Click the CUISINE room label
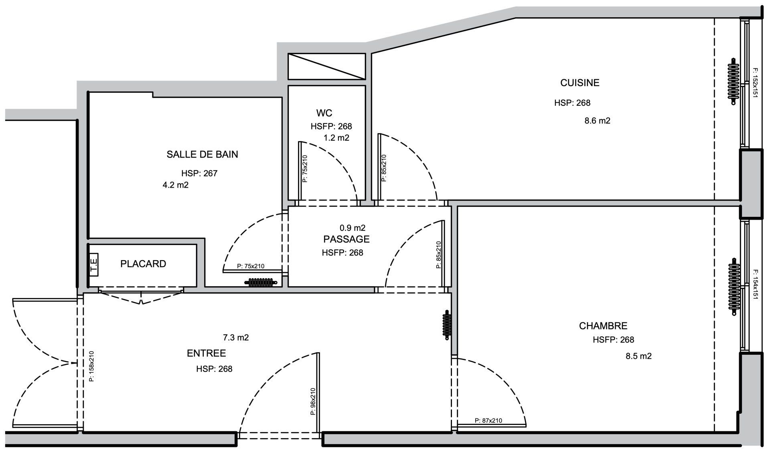point(580,83)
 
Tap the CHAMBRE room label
point(603,326)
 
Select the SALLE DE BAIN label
point(202,154)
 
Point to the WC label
point(324,113)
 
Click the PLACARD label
point(143,264)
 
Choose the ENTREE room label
point(206,353)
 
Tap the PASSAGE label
point(346,239)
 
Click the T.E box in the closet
point(94,265)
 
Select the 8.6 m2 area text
point(598,121)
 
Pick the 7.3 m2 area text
point(236,338)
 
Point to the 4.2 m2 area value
point(175,185)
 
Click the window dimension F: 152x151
point(755,83)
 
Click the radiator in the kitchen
point(734,82)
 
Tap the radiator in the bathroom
point(261,282)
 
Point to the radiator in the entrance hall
point(447,325)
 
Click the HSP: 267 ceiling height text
point(199,174)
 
